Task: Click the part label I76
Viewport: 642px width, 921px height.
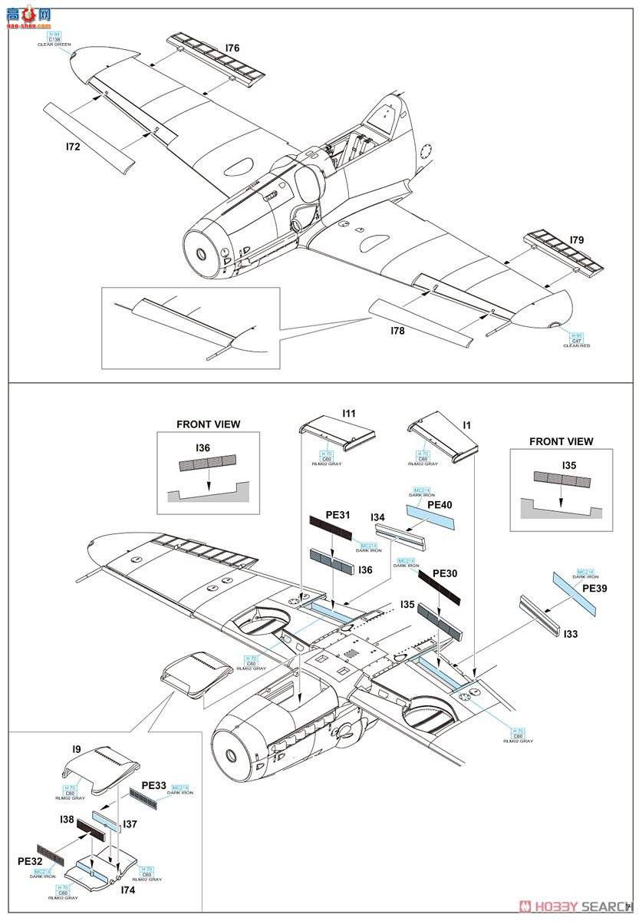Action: pos(232,48)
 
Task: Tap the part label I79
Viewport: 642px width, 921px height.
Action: pos(578,240)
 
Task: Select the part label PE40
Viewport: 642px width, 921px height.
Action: pos(440,505)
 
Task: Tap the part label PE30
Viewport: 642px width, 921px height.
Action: pos(446,573)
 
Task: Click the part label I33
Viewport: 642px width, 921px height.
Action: pos(571,635)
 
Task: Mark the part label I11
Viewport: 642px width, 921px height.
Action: pos(349,414)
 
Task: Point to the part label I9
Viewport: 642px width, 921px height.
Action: pos(77,748)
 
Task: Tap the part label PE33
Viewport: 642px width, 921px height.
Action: pos(155,787)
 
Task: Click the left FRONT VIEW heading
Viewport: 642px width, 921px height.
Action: pos(208,424)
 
